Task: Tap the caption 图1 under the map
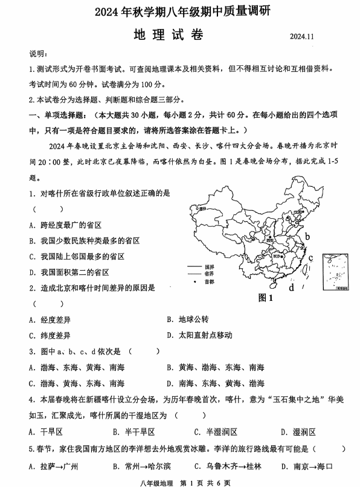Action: (266, 298)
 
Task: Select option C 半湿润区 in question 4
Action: (214, 432)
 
